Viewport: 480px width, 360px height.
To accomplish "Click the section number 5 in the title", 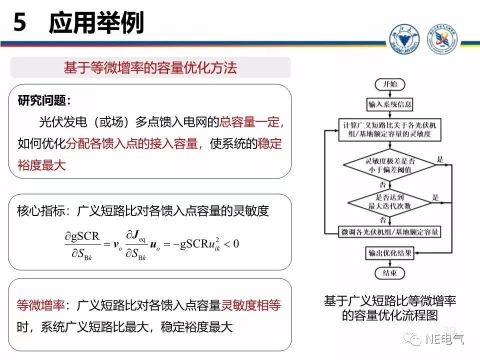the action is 20,23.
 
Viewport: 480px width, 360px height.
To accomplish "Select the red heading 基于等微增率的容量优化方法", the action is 150,68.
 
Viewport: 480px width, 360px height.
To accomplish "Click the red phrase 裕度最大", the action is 42,165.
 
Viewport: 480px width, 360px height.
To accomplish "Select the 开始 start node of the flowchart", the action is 390,84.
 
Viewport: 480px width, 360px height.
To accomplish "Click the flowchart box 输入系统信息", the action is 390,104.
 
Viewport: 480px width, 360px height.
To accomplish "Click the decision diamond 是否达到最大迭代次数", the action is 390,201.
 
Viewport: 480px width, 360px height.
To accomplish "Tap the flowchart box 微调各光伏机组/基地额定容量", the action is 390,232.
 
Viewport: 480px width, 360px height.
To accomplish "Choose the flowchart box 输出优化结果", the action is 390,253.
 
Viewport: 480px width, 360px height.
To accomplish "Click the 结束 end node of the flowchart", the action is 390,273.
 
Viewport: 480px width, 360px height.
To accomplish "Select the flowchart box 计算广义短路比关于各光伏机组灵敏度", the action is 390,129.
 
